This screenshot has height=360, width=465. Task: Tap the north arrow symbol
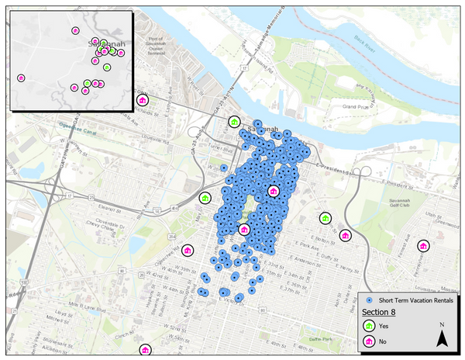441,337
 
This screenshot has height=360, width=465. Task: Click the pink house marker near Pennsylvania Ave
422,246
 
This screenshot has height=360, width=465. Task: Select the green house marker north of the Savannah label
234,121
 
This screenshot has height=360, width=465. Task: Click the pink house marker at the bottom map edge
144,350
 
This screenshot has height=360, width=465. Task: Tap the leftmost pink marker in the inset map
21,78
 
